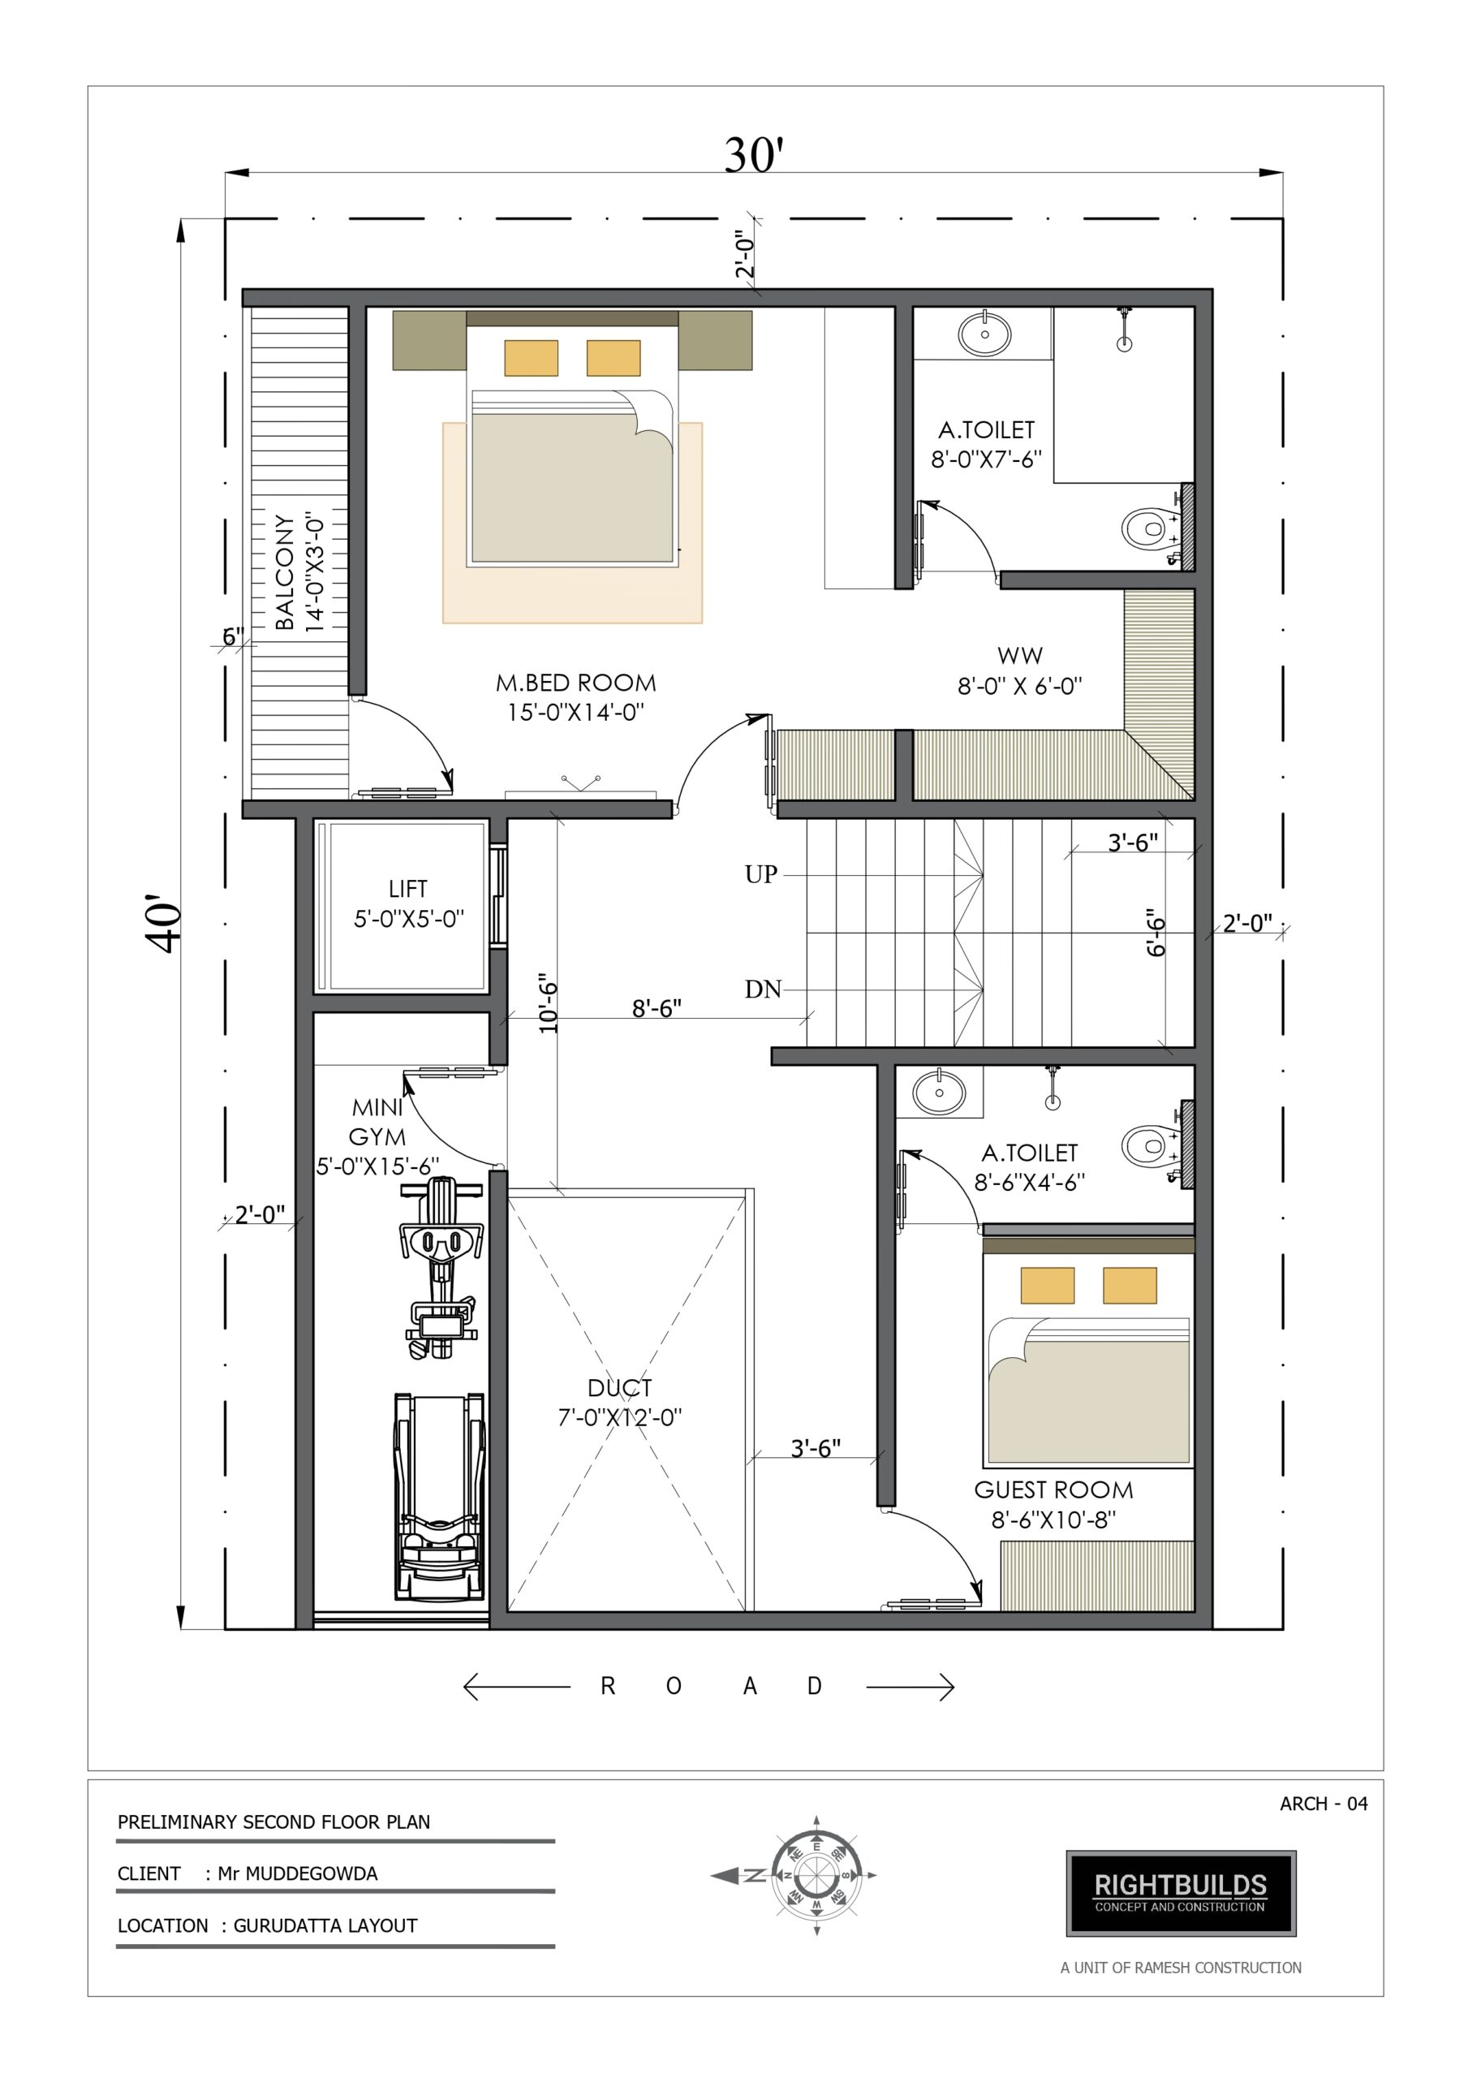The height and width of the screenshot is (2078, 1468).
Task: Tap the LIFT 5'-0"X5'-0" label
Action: pos(408,904)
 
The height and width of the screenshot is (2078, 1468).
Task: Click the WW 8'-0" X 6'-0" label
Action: pos(1020,670)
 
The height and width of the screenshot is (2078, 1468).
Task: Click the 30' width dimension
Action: pos(753,155)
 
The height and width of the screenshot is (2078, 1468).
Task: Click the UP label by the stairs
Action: pos(761,874)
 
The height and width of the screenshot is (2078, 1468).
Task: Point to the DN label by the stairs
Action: pos(763,989)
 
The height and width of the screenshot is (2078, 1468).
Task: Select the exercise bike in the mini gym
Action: pos(439,1268)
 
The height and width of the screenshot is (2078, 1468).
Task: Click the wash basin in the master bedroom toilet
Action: pos(984,333)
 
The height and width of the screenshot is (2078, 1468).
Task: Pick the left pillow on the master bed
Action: pos(532,357)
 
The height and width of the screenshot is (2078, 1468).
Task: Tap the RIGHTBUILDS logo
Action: pos(1181,1895)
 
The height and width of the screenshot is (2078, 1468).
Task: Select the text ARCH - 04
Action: pos(1324,1804)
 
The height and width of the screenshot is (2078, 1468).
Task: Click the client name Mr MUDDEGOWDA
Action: pos(298,1873)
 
